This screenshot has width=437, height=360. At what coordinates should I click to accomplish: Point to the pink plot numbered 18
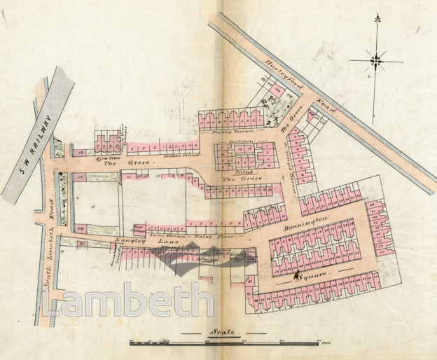pyautogui.click(x=81, y=153)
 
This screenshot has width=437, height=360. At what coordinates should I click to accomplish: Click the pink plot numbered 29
pyautogui.click(x=81, y=228)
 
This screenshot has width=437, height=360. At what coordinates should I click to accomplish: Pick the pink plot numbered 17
pyautogui.click(x=81, y=178)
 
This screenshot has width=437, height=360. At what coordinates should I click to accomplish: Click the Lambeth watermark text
pyautogui.click(x=126, y=300)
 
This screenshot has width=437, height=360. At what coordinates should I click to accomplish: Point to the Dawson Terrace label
pyautogui.click(x=179, y=157)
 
